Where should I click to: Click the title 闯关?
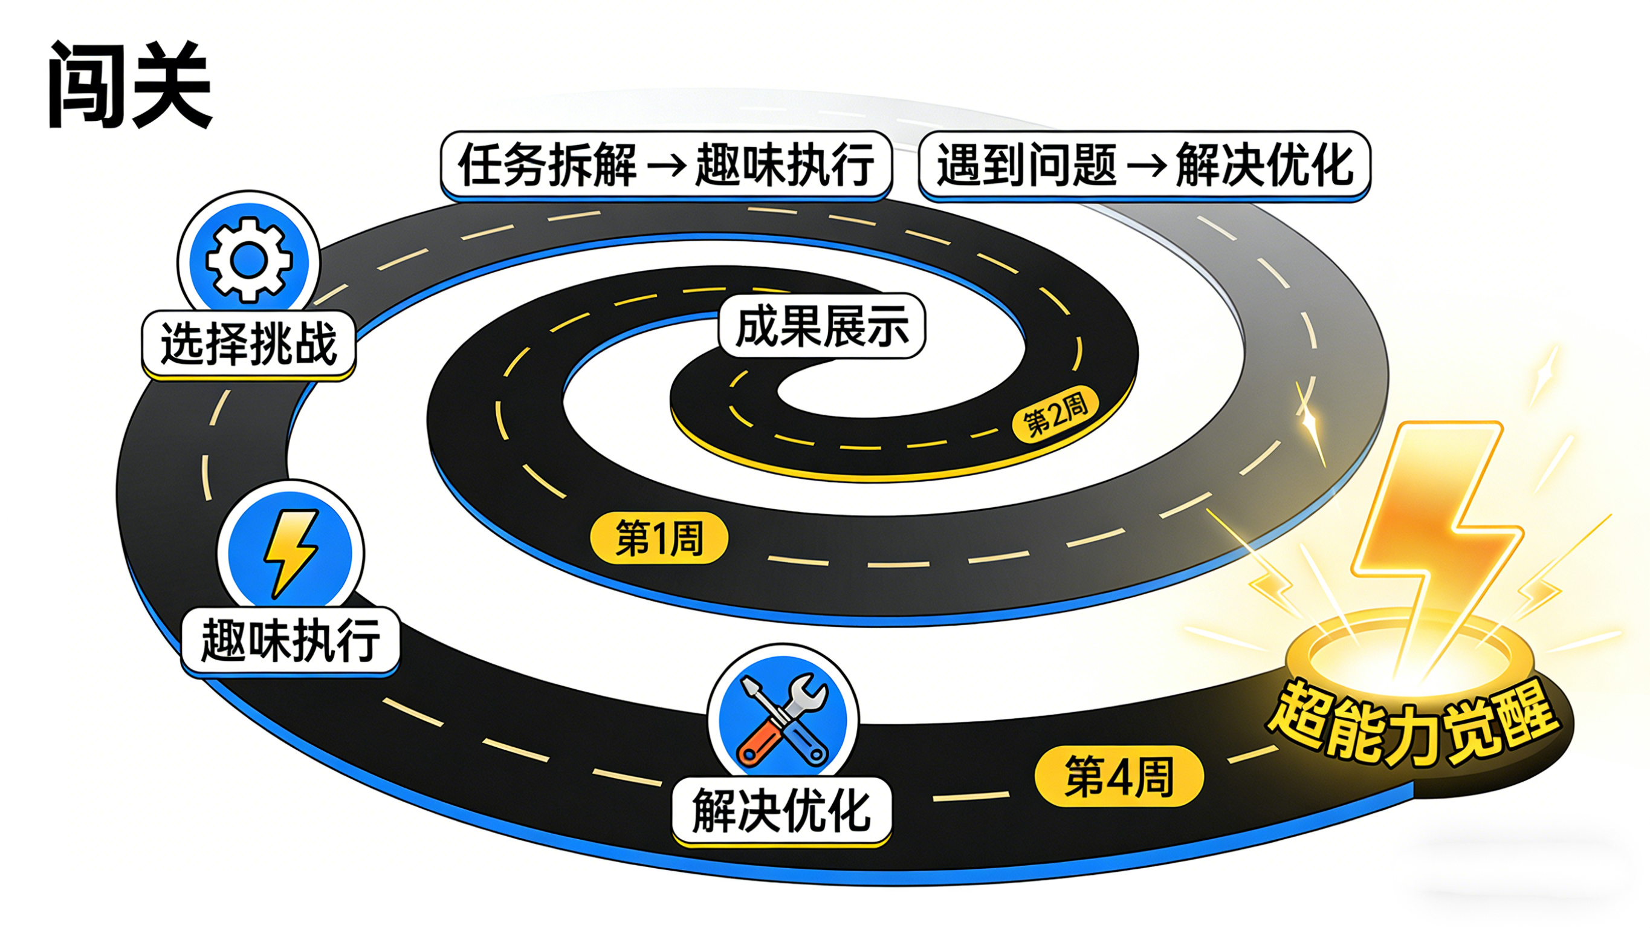pyautogui.click(x=129, y=85)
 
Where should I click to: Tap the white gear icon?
pyautogui.click(x=248, y=259)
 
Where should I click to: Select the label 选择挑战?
pyautogui.click(x=248, y=344)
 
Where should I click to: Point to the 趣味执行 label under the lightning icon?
pyautogui.click(x=291, y=640)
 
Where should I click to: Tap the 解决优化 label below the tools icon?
pyautogui.click(x=781, y=811)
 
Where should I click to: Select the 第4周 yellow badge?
pyautogui.click(x=1119, y=776)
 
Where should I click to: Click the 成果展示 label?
pyautogui.click(x=823, y=327)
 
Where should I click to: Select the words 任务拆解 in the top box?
pyautogui.click(x=548, y=164)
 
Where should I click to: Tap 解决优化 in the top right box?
pyautogui.click(x=1265, y=164)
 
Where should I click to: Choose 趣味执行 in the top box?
pyautogui.click(x=785, y=164)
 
